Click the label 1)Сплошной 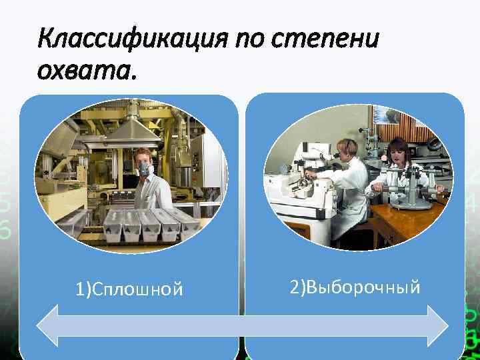point(129,289)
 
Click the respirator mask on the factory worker point(145,171)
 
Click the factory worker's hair point(143,154)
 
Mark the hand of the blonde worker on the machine point(308,178)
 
